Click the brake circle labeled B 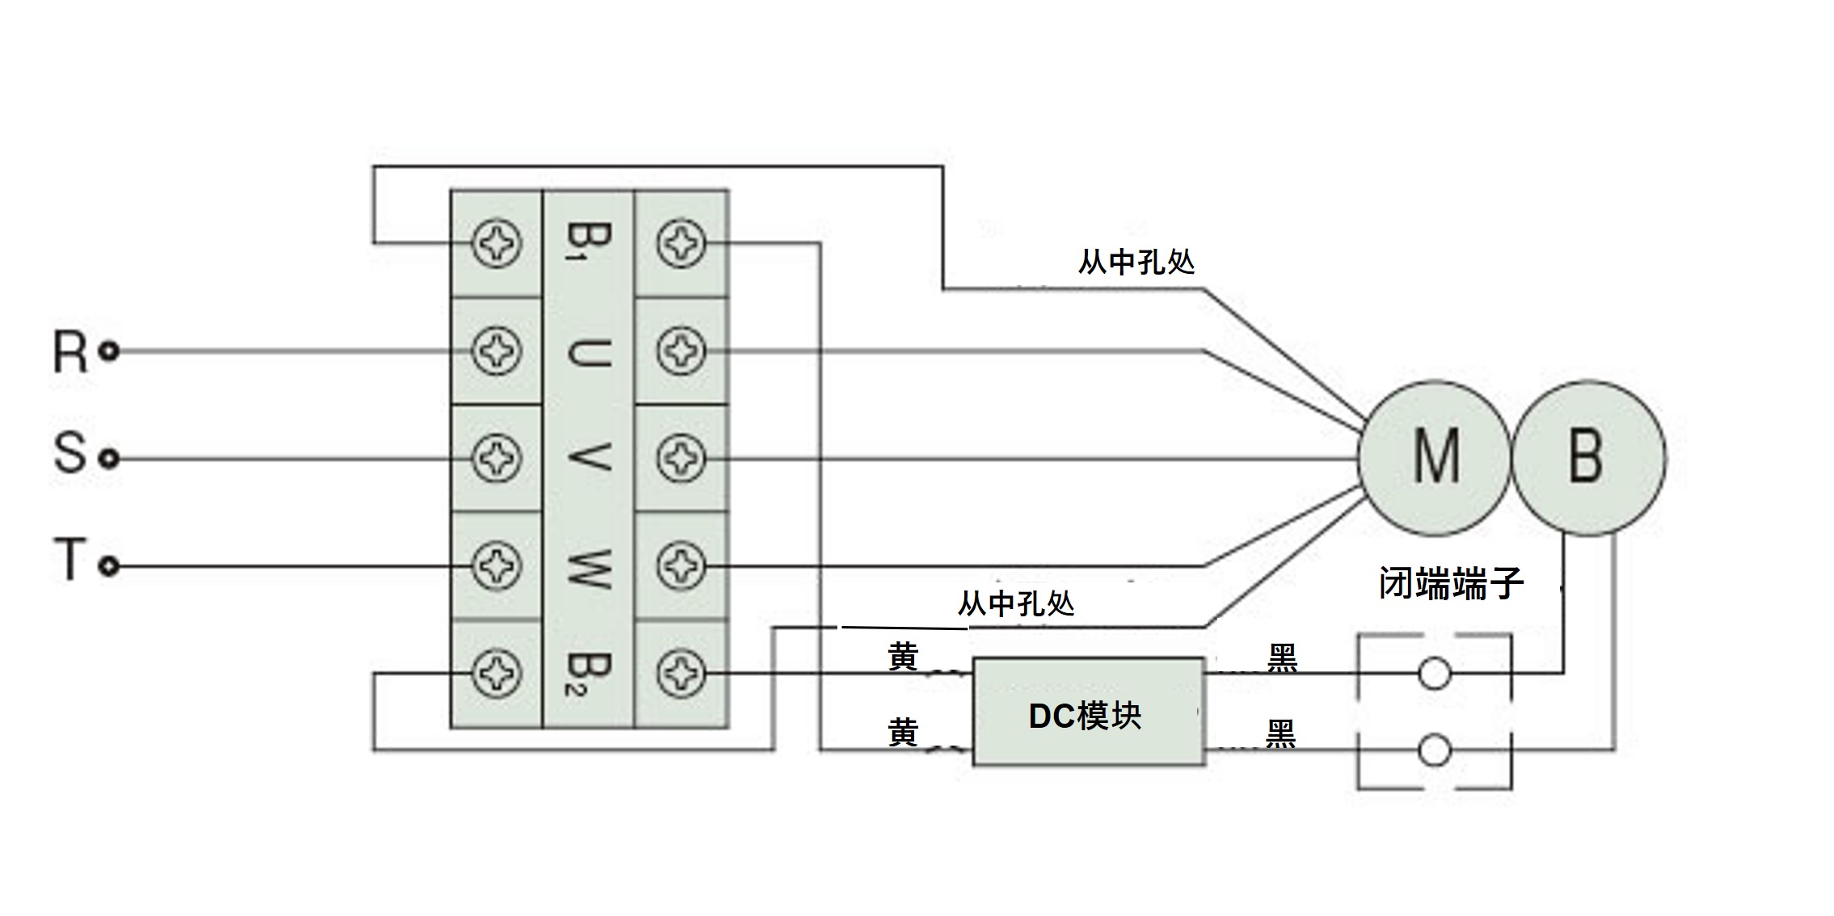[x=1587, y=458]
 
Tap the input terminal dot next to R [x=109, y=351]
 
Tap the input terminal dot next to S [x=109, y=459]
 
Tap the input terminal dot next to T [x=109, y=566]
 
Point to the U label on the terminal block [x=588, y=352]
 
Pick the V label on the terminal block [x=588, y=458]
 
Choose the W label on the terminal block [x=588, y=566]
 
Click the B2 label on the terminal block [x=588, y=674]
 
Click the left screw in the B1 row [x=496, y=243]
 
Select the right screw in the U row [x=681, y=351]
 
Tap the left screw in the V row [x=496, y=459]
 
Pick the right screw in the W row [x=681, y=566]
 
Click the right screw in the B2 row [x=681, y=673]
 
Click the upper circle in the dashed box [x=1435, y=673]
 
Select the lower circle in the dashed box [x=1435, y=750]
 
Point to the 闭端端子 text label [x=1451, y=583]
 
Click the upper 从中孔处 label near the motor [x=1136, y=262]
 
